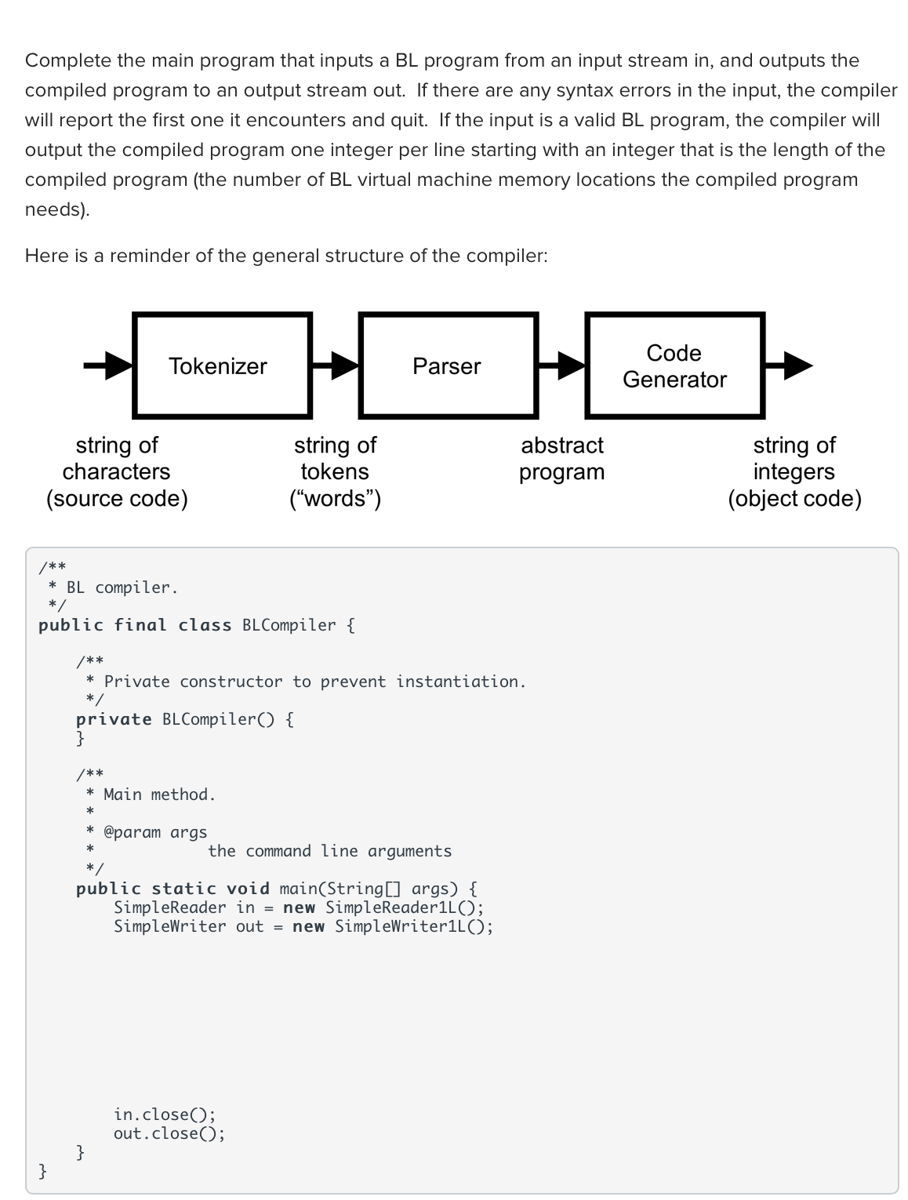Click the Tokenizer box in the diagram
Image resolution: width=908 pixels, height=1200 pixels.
coord(222,365)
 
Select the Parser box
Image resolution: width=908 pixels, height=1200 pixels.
coord(448,365)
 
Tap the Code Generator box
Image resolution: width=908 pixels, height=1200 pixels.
coord(674,365)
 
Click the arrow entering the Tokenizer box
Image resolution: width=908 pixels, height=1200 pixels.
coord(109,365)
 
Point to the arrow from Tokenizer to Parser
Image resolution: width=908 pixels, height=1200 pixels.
coord(336,365)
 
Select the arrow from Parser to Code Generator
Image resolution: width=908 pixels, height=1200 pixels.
coord(561,365)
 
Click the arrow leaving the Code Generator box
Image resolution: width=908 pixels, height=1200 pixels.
coord(789,365)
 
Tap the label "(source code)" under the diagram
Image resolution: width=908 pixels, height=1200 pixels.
coord(117,499)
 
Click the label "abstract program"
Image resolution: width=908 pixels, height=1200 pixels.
coord(562,459)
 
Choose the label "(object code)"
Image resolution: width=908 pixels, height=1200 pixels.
coord(794,499)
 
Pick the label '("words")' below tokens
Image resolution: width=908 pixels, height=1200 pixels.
coord(335,499)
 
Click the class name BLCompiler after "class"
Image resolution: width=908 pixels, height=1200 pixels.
coord(289,625)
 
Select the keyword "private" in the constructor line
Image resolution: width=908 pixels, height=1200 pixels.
coord(114,719)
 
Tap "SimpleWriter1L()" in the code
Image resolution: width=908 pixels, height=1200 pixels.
coord(412,926)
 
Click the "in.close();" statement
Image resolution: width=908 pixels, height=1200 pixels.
coord(164,1115)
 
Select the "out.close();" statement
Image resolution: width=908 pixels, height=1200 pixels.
coord(169,1133)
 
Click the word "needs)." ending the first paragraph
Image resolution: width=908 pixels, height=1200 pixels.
coord(57,209)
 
